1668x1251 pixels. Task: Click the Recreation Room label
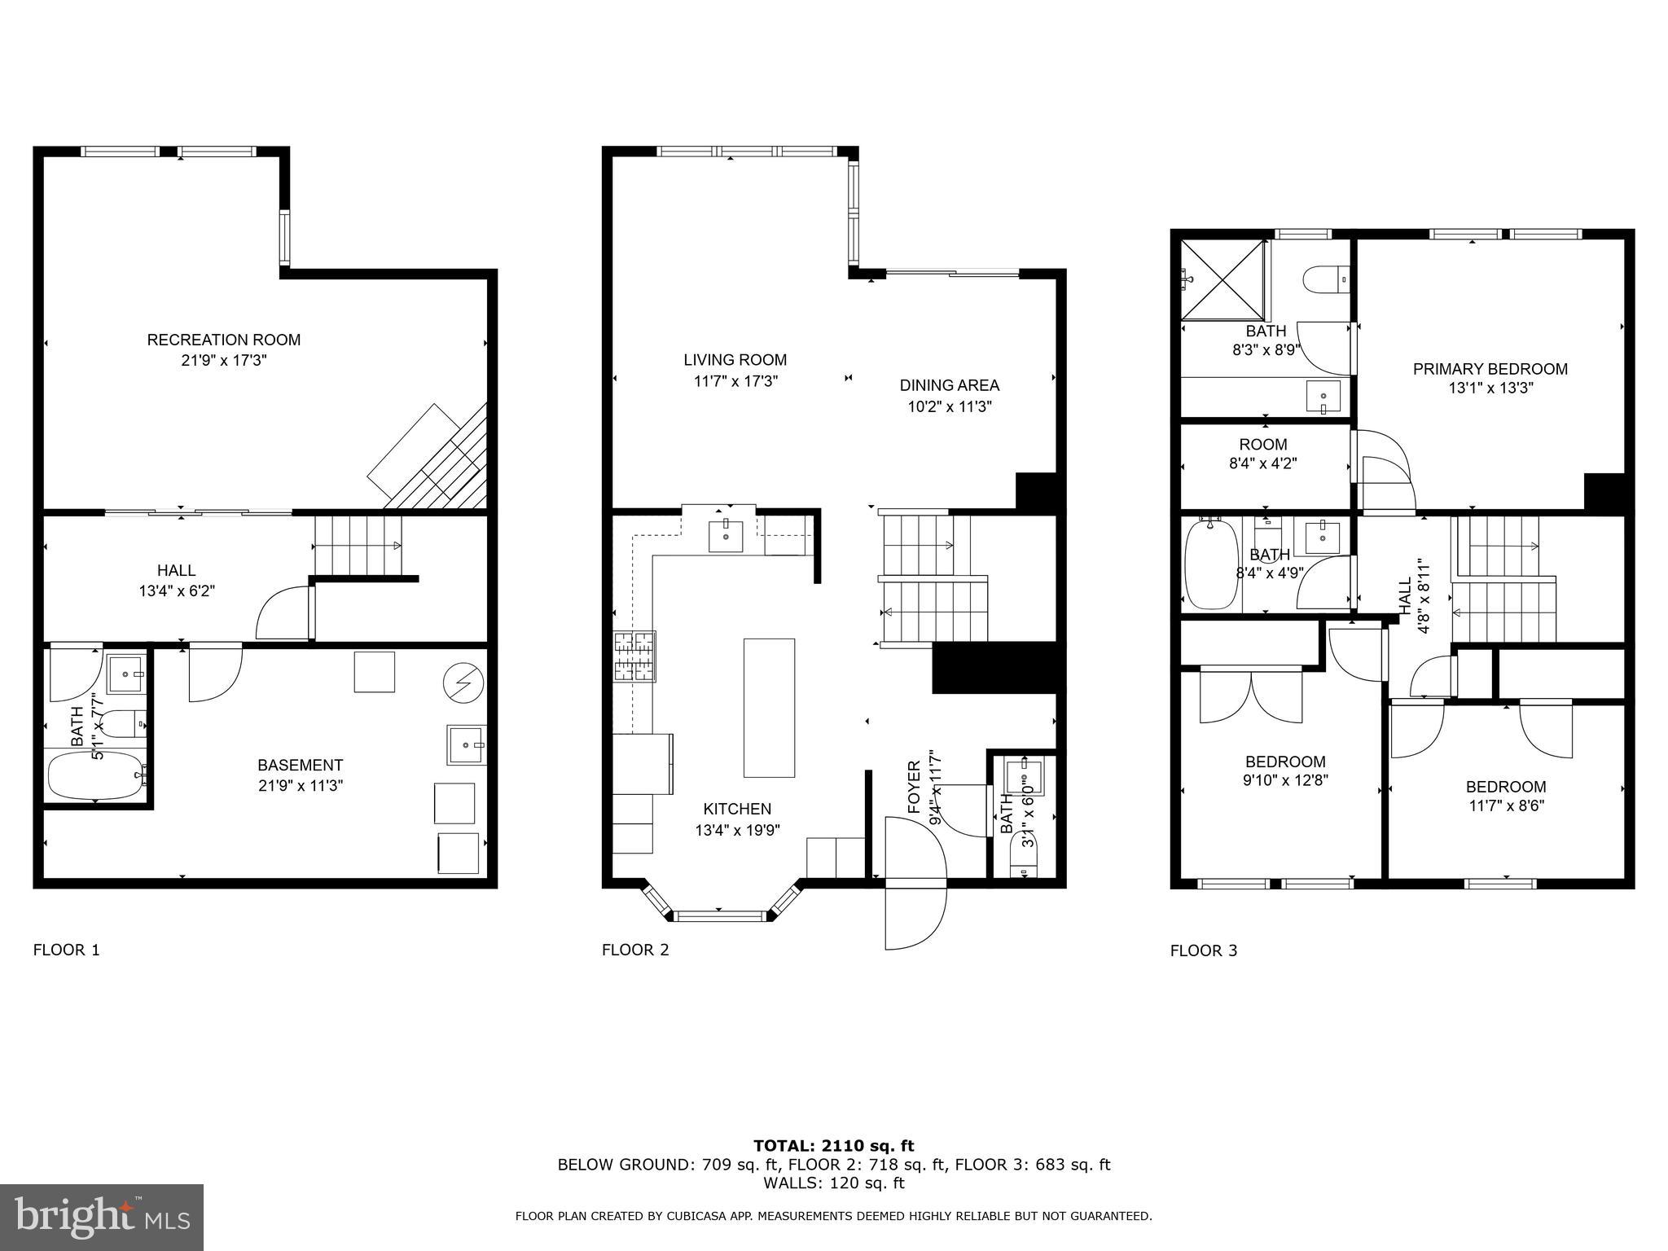(223, 340)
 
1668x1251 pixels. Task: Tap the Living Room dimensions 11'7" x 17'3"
(735, 381)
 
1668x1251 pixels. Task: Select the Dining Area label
(949, 385)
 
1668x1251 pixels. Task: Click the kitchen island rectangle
(769, 708)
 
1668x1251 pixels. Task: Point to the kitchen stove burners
(634, 656)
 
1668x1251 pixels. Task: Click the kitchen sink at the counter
(725, 536)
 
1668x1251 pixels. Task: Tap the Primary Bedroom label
(1490, 369)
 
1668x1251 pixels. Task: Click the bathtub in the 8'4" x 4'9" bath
(1209, 564)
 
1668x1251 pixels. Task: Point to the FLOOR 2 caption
(635, 950)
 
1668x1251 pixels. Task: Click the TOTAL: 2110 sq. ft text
(833, 1146)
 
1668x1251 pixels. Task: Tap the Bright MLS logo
(102, 1217)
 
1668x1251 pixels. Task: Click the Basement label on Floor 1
(300, 765)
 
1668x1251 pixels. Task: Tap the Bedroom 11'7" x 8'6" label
(1505, 787)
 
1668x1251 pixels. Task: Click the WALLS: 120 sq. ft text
(833, 1183)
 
